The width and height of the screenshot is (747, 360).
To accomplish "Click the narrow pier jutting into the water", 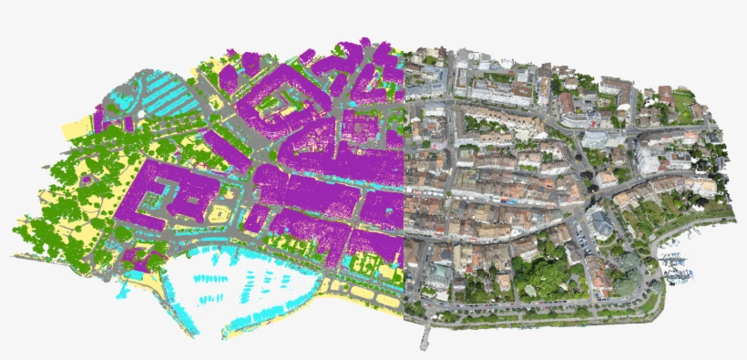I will [424, 335].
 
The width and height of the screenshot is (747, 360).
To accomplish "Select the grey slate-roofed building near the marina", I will [602, 223].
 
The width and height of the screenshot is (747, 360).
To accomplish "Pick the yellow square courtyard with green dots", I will [219, 212].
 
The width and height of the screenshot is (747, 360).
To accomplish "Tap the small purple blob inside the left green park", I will [87, 180].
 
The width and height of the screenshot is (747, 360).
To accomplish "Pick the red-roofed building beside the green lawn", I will [666, 95].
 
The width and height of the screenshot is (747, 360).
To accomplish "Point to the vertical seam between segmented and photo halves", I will [402, 182].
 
